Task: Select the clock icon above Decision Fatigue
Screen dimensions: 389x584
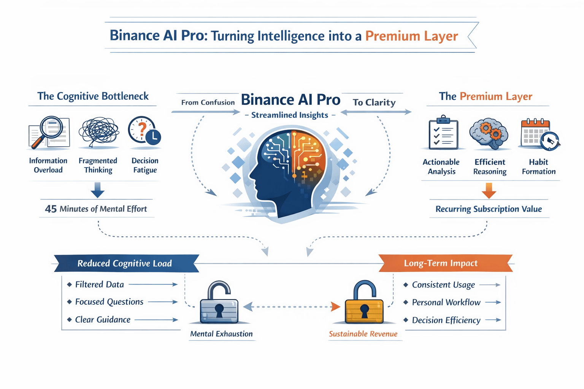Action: [144, 131]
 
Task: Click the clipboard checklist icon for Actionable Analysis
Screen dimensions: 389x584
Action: [443, 133]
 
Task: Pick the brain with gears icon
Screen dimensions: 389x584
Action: [489, 133]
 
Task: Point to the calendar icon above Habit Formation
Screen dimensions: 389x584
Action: [539, 134]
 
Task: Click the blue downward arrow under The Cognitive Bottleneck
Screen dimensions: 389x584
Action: [97, 190]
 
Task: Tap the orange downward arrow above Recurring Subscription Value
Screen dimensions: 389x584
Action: [489, 190]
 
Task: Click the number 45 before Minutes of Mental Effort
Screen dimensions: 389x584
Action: [51, 209]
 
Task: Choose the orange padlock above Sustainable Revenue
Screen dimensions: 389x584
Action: [364, 303]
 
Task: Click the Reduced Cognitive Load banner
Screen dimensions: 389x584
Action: [125, 263]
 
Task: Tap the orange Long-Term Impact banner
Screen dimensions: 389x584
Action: [441, 263]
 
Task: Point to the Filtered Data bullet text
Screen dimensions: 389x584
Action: [100, 285]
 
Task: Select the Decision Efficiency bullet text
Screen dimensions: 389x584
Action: [446, 320]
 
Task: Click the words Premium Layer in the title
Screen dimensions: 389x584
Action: [411, 36]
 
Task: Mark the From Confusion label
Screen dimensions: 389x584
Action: [208, 103]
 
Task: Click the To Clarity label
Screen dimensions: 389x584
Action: [374, 103]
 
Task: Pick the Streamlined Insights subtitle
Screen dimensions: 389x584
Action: [290, 115]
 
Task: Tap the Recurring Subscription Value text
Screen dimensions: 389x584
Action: [489, 209]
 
